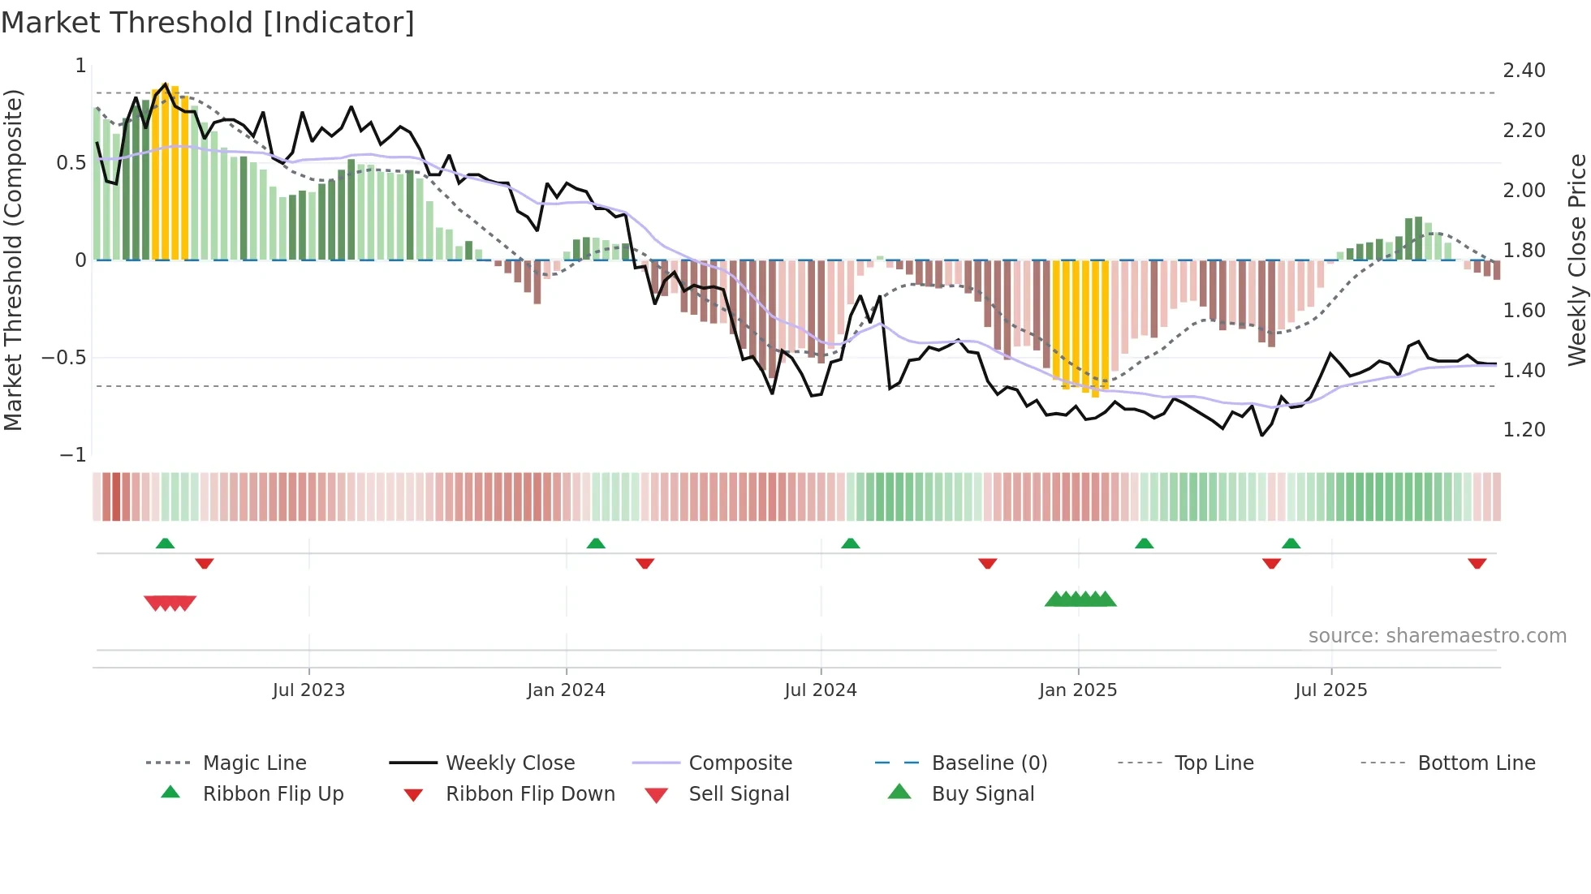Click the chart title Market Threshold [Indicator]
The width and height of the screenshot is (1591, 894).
208,23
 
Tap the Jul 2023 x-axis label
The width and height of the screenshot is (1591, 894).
308,690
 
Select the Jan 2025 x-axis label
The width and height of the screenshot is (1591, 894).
1077,690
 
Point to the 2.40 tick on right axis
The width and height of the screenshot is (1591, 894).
1524,71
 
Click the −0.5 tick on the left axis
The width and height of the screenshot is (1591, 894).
64,358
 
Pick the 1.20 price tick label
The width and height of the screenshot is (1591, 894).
1524,430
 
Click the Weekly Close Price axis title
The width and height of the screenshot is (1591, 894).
1576,260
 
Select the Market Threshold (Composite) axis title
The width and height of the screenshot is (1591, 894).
13,260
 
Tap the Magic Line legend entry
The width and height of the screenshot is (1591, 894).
254,763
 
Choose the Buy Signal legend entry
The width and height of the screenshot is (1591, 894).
982,794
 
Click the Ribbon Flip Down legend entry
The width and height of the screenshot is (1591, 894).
530,794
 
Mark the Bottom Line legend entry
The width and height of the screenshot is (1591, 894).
1476,763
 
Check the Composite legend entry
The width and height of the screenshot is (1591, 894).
739,763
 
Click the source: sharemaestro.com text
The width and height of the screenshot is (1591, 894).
1437,636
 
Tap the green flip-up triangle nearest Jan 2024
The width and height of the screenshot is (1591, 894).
596,544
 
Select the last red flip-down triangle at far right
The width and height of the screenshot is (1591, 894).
1477,563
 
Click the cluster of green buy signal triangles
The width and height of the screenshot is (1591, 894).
1080,600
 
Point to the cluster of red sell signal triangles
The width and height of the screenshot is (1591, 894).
170,603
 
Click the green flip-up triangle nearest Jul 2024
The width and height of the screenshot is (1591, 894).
850,544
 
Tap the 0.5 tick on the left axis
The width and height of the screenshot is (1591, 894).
71,163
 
